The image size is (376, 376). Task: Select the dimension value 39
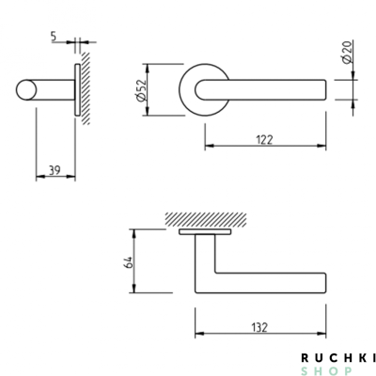pos(55,168)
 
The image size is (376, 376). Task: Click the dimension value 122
pos(266,138)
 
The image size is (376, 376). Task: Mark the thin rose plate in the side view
pos(75,90)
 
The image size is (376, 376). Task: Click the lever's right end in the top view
pos(323,283)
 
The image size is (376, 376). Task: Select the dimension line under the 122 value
pos(266,147)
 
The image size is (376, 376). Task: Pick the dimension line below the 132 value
pos(261,336)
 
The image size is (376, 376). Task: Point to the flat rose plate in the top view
pos(205,230)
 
